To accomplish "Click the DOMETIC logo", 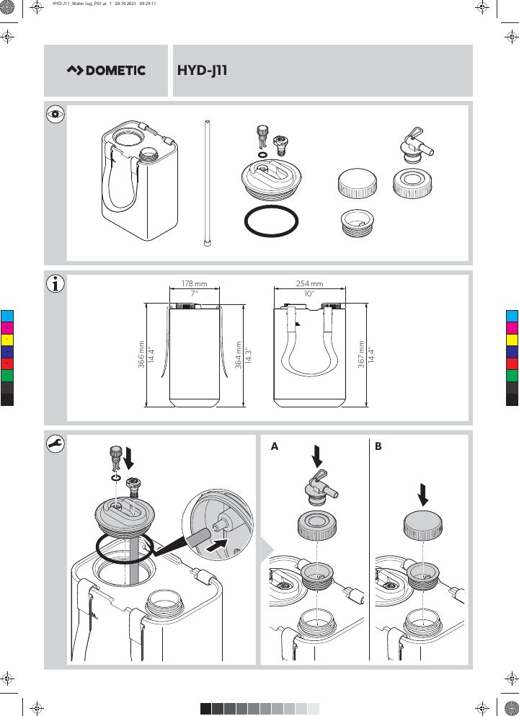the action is click(106, 71).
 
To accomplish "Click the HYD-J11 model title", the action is click(203, 71).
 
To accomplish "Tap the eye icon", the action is click(56, 114).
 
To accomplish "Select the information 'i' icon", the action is click(56, 283).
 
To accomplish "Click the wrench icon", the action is click(56, 444).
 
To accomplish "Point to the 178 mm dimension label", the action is click(194, 283).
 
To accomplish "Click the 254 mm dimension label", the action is click(309, 283).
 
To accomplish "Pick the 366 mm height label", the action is click(141, 354).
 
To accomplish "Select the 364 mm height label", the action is click(239, 354).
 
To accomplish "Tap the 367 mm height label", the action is click(362, 354).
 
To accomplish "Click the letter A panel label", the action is click(275, 446).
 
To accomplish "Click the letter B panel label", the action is click(378, 446).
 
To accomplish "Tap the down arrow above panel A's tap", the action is click(316, 457).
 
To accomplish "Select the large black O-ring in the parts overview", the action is click(271, 221).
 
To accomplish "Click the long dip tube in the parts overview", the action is click(207, 183).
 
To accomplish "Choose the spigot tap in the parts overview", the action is click(416, 145).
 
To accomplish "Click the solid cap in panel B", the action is click(423, 526).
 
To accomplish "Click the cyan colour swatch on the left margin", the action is click(7, 316).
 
